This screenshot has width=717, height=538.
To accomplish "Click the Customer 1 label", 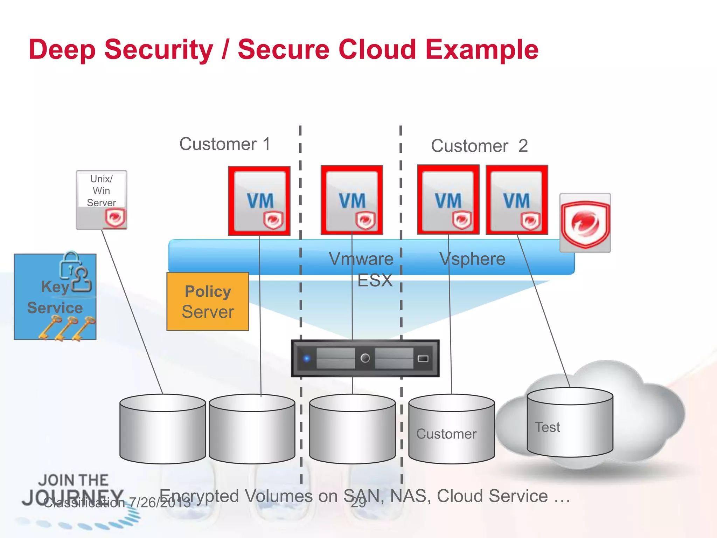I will click(x=225, y=144).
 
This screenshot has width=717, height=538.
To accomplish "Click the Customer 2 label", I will click(x=479, y=146).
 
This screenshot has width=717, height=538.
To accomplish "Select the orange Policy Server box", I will click(x=208, y=302).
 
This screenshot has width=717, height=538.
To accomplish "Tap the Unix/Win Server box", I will click(x=101, y=200).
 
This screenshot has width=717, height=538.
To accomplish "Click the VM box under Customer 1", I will click(x=259, y=201).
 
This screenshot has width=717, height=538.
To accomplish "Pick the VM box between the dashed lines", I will click(x=352, y=200).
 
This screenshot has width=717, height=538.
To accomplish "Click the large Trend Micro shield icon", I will click(x=585, y=223).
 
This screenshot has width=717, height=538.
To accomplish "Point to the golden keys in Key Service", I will click(x=67, y=327).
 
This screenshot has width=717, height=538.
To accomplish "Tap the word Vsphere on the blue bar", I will click(x=472, y=259).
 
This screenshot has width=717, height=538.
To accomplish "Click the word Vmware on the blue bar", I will click(x=361, y=259).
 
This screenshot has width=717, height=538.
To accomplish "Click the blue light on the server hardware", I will click(x=307, y=358).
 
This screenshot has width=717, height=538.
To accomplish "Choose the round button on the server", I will click(x=365, y=358).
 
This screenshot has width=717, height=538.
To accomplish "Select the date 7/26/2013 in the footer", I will click(x=160, y=503).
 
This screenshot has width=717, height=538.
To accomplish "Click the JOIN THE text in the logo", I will click(x=73, y=480).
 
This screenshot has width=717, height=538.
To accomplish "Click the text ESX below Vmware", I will click(x=375, y=281).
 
